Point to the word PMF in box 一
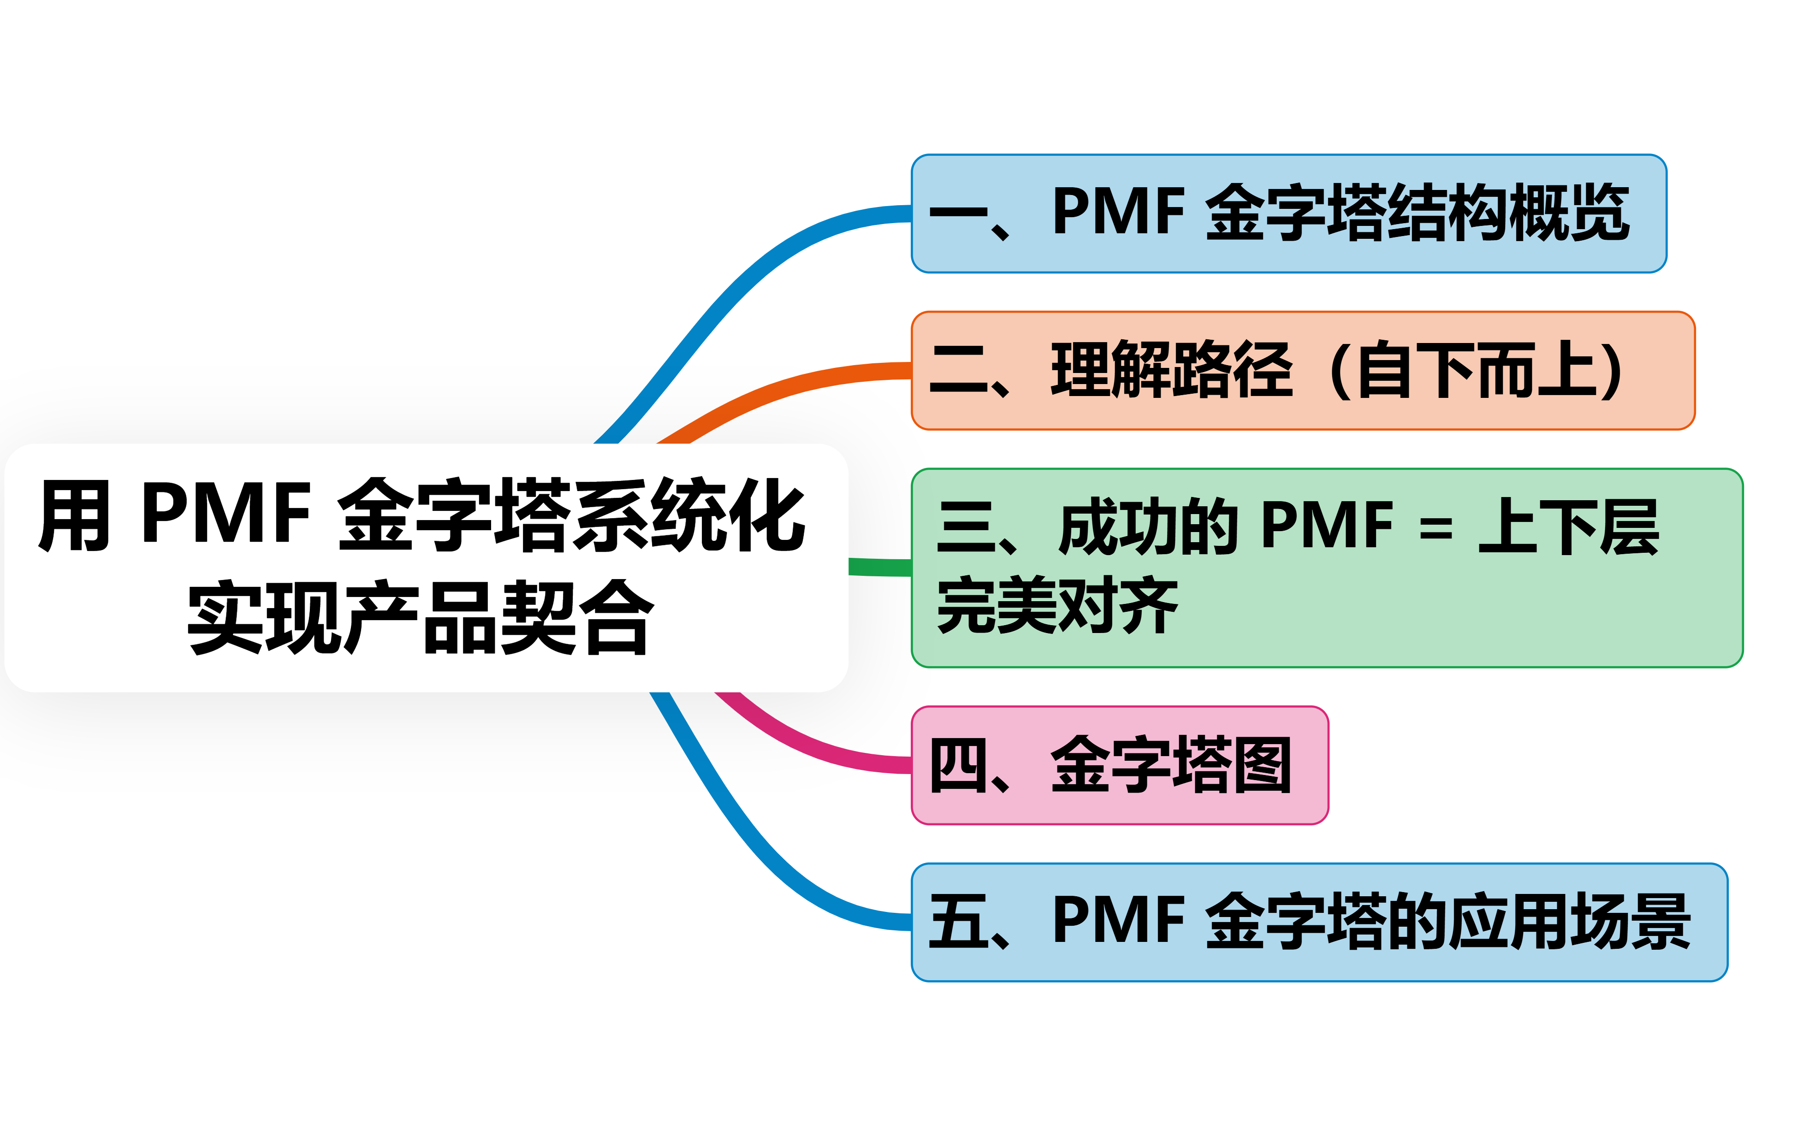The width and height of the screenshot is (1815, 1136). point(1119,212)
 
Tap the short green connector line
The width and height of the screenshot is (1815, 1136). point(879,567)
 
